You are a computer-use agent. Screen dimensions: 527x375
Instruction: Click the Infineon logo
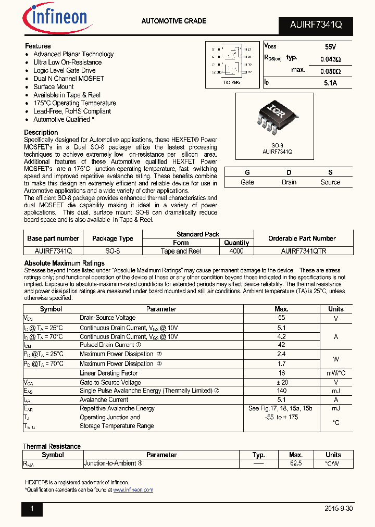(57, 18)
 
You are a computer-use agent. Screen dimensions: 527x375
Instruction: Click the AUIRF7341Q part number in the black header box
(316, 24)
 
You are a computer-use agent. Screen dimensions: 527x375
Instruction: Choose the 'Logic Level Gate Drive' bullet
(65, 70)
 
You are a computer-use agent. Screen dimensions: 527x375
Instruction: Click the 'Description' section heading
(41, 132)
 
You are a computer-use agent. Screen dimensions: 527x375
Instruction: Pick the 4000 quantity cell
(236, 250)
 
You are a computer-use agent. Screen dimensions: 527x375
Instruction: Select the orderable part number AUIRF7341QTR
(302, 250)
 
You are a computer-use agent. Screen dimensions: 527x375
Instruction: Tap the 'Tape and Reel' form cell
(181, 250)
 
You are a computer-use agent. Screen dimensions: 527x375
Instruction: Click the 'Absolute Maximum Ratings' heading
(65, 263)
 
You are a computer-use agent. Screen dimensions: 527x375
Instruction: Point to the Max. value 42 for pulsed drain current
(281, 345)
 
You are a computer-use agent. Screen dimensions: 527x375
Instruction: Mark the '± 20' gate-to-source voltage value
(281, 382)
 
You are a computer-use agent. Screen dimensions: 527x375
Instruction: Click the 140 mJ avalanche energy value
(281, 391)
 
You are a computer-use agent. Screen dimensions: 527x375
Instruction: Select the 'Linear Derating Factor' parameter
(108, 373)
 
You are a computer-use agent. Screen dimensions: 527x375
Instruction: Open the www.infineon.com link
(133, 490)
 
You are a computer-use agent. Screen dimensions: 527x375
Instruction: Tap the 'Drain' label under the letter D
(289, 182)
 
